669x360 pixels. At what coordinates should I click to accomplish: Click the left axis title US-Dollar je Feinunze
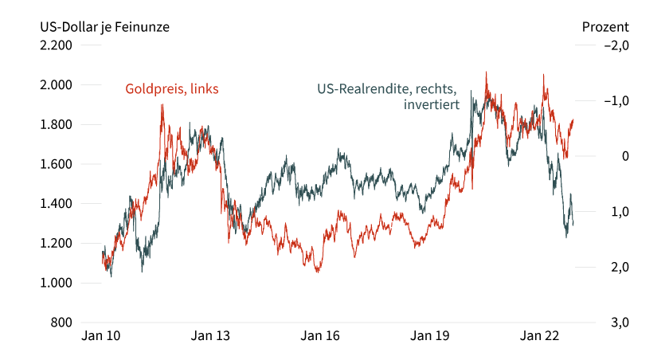point(104,26)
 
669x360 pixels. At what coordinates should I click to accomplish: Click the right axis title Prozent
point(605,26)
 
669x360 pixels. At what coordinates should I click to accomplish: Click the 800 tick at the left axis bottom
point(61,323)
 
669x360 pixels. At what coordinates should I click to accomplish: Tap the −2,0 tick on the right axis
point(617,45)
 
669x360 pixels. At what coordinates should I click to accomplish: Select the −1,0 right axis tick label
point(617,101)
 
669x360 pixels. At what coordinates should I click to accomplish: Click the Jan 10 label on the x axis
point(101,336)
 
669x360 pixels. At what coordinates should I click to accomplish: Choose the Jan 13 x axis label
point(211,336)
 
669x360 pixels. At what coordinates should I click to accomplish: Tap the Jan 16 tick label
point(322,336)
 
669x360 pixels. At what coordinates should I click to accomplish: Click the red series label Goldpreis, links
point(172,89)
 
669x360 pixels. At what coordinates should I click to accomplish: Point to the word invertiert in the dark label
point(432,104)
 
